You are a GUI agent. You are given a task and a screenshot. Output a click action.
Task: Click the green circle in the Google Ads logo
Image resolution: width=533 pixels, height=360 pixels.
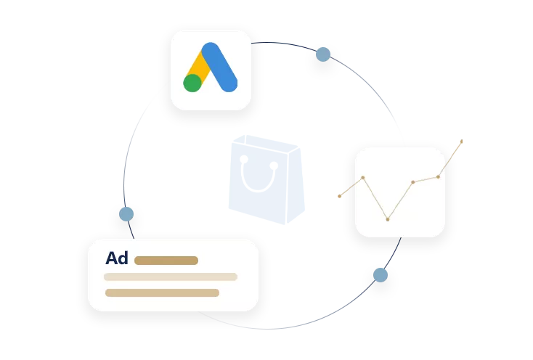(192, 83)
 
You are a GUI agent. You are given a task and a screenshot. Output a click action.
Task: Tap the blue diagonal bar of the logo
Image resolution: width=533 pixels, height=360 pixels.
(219, 67)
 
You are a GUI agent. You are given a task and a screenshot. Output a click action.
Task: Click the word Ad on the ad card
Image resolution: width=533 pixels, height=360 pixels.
(116, 258)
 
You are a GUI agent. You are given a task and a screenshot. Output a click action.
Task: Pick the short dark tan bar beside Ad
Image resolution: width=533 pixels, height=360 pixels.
(166, 260)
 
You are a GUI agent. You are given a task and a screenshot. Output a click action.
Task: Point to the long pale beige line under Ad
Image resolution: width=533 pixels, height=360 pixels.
(171, 277)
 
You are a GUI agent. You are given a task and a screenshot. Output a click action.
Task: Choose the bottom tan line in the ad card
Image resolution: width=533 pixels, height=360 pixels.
(162, 293)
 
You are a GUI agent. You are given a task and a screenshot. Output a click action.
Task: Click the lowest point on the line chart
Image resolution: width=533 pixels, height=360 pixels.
(388, 218)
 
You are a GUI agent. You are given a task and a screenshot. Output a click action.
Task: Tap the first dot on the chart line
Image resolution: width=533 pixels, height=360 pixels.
(363, 177)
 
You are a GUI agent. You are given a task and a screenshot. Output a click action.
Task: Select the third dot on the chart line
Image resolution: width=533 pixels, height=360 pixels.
(412, 182)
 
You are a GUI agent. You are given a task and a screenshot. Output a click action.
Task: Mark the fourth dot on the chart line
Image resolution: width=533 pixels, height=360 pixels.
(438, 176)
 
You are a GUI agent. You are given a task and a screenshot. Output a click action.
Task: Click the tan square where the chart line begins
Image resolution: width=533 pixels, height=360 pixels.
(340, 197)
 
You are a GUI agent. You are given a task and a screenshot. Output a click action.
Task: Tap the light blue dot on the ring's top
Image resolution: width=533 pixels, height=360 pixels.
(323, 54)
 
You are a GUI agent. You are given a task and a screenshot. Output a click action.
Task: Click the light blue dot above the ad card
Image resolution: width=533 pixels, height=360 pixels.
(126, 214)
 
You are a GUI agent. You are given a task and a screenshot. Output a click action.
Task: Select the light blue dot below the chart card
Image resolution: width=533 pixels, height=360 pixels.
(381, 275)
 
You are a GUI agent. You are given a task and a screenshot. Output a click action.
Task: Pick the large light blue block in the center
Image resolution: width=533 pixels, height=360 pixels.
(265, 178)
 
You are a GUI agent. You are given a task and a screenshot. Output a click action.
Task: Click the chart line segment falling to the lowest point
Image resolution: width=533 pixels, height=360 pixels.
(375, 197)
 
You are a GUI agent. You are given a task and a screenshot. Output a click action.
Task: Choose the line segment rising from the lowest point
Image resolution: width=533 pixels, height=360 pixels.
(400, 200)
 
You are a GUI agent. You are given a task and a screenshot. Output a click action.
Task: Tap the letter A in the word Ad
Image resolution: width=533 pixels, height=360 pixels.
(112, 258)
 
